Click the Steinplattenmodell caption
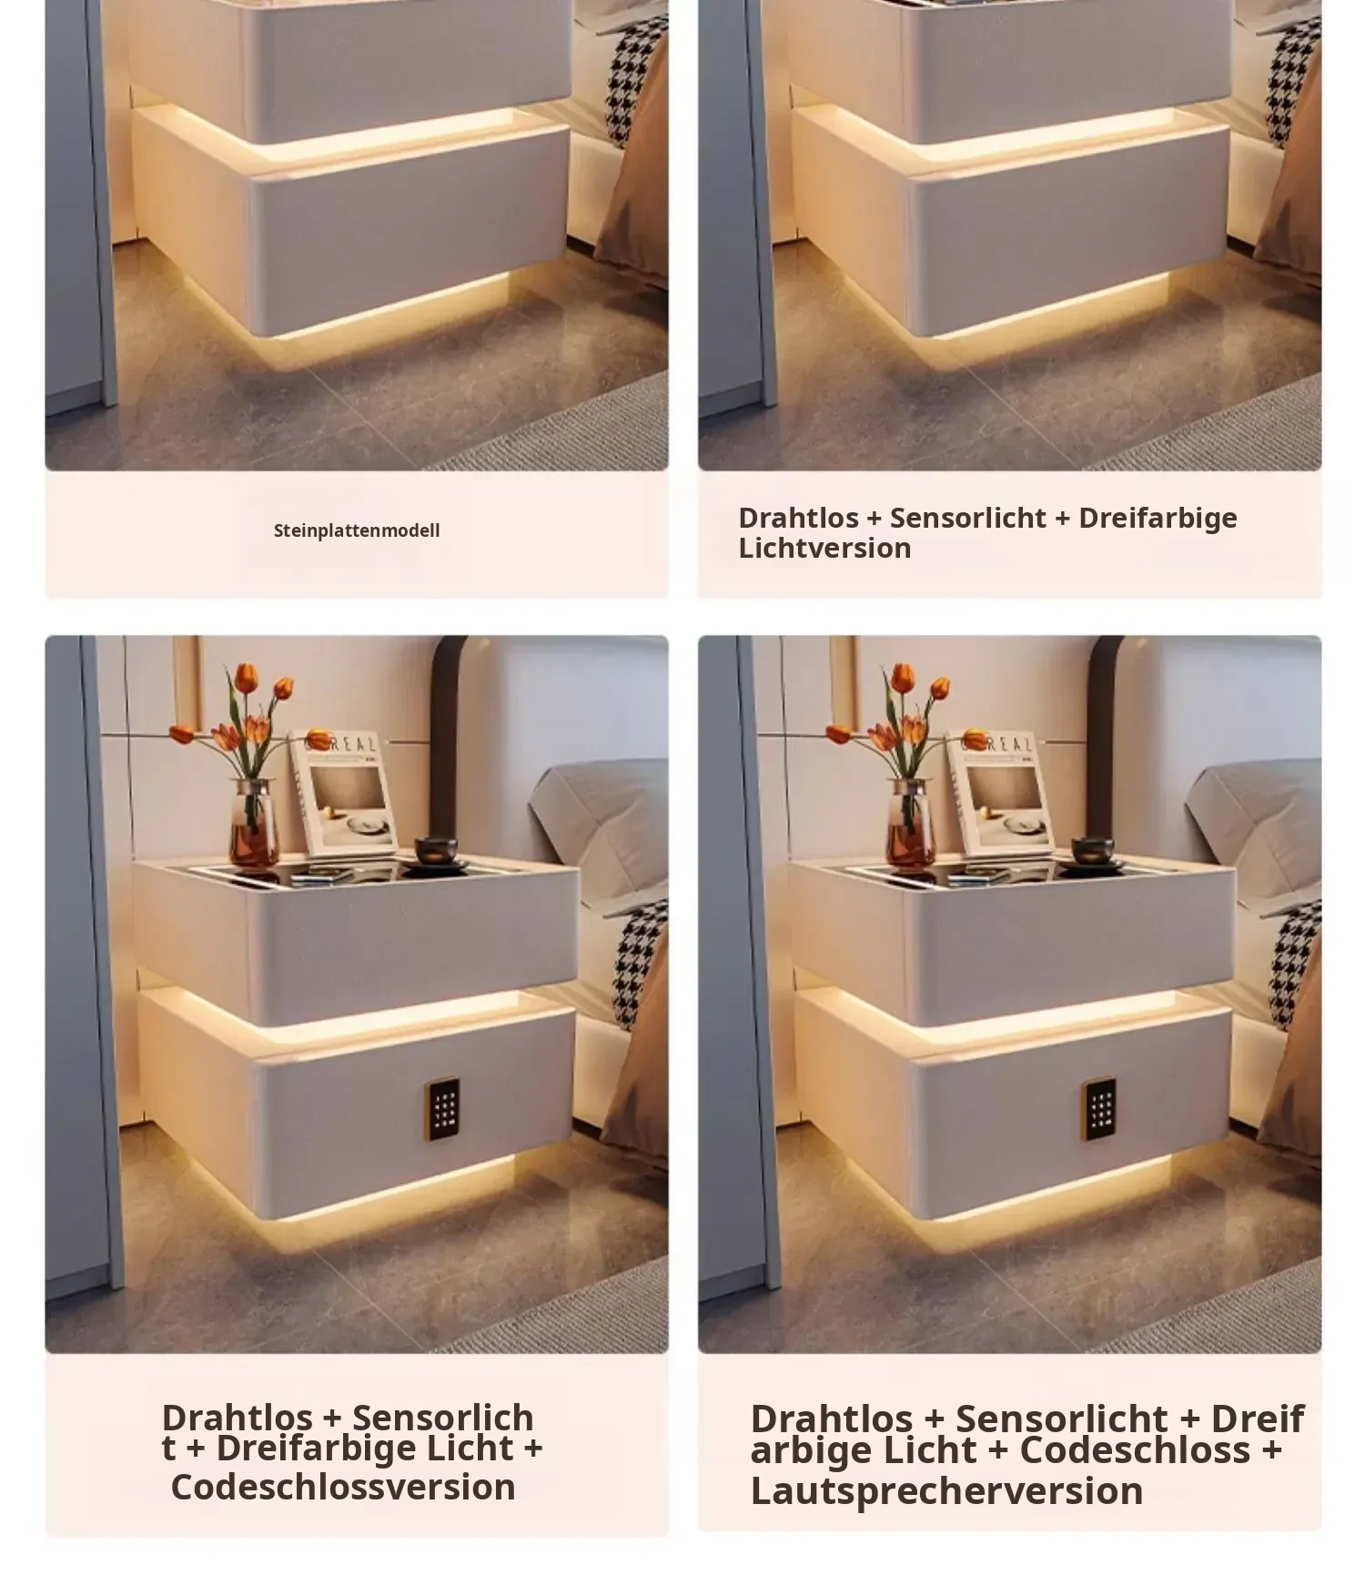pos(357,530)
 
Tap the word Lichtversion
pos(824,548)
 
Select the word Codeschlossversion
pos(343,1487)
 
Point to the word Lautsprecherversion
pos(946,1491)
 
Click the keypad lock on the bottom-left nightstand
pos(442,1109)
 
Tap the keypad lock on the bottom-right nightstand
pos(1098,1109)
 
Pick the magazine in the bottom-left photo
pos(343,793)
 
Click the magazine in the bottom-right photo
pos(1000,793)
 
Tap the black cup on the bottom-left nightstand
pos(436,852)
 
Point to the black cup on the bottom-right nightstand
pos(1092,852)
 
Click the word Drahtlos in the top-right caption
pos(799,518)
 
